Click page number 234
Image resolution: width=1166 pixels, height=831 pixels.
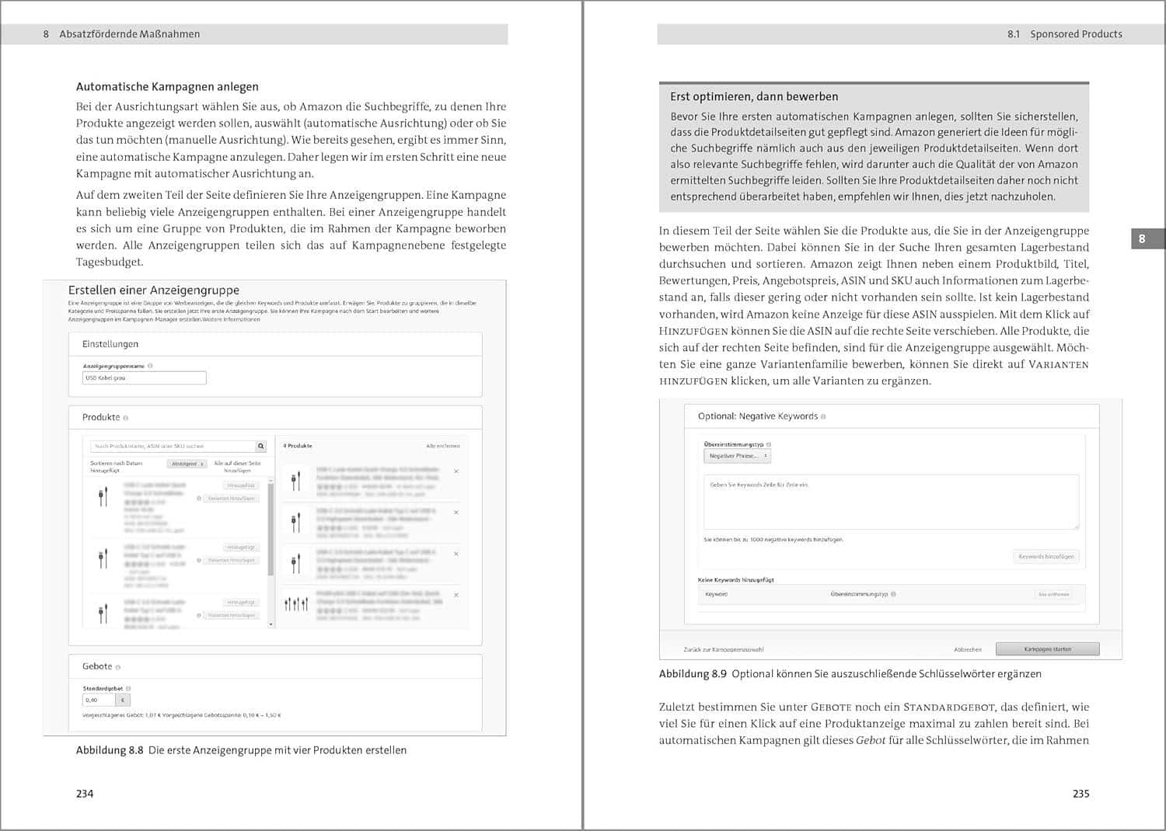[x=85, y=793]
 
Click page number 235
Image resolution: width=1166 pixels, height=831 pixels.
[x=1080, y=793]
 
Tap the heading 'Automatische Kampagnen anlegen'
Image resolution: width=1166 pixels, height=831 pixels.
[x=167, y=87]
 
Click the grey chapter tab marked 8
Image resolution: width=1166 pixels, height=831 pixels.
[x=1141, y=238]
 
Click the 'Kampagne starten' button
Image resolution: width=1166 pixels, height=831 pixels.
[x=1047, y=649]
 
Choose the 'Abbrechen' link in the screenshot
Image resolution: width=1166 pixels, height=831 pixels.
[x=968, y=649]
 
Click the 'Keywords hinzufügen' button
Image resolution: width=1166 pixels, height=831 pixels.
[x=1046, y=556]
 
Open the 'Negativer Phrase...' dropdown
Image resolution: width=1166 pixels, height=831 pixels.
[x=738, y=456]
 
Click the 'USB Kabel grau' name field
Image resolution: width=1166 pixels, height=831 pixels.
[x=144, y=378]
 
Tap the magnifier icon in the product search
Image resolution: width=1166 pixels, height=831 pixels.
[x=261, y=446]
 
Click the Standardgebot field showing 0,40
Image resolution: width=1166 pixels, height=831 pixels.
[x=99, y=700]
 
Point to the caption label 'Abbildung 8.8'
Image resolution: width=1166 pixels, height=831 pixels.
[x=110, y=750]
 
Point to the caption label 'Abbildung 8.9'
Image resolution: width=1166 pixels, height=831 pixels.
[x=693, y=674]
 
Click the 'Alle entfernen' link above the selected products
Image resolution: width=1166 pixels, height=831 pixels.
[x=443, y=446]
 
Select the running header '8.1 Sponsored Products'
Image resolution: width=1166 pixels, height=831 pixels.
[x=1064, y=34]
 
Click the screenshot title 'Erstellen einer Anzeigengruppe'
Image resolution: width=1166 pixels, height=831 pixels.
[x=154, y=290]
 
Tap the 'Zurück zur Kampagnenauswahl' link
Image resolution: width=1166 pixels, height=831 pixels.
[x=724, y=649]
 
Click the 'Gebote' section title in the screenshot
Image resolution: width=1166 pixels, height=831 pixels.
[x=97, y=666]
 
